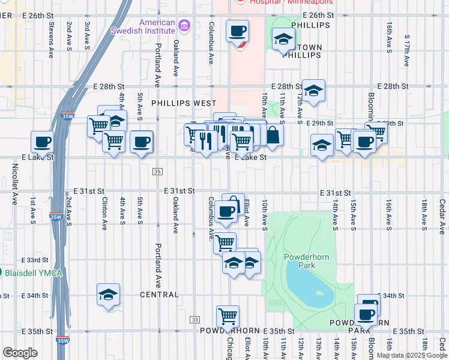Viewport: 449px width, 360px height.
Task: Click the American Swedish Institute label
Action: [x=143, y=27]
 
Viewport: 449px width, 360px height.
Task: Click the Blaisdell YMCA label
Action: [x=34, y=273]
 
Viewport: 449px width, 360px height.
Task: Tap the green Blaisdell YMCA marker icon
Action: [x=2, y=273]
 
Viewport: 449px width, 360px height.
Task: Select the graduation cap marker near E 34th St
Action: [x=108, y=295]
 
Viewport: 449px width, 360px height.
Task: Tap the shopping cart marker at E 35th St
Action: [x=228, y=316]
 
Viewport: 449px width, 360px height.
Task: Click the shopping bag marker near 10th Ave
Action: [x=273, y=135]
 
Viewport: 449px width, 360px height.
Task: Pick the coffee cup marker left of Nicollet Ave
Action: [x=42, y=143]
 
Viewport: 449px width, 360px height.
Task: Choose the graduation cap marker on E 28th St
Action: [x=313, y=91]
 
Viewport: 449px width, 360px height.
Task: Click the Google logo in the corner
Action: [x=19, y=353]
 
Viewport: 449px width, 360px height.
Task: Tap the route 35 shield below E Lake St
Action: [x=157, y=172]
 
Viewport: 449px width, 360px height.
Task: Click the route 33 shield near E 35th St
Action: [x=194, y=320]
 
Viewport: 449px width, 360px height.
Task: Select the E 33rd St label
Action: [x=37, y=260]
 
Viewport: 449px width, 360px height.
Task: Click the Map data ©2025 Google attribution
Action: [x=412, y=356]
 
